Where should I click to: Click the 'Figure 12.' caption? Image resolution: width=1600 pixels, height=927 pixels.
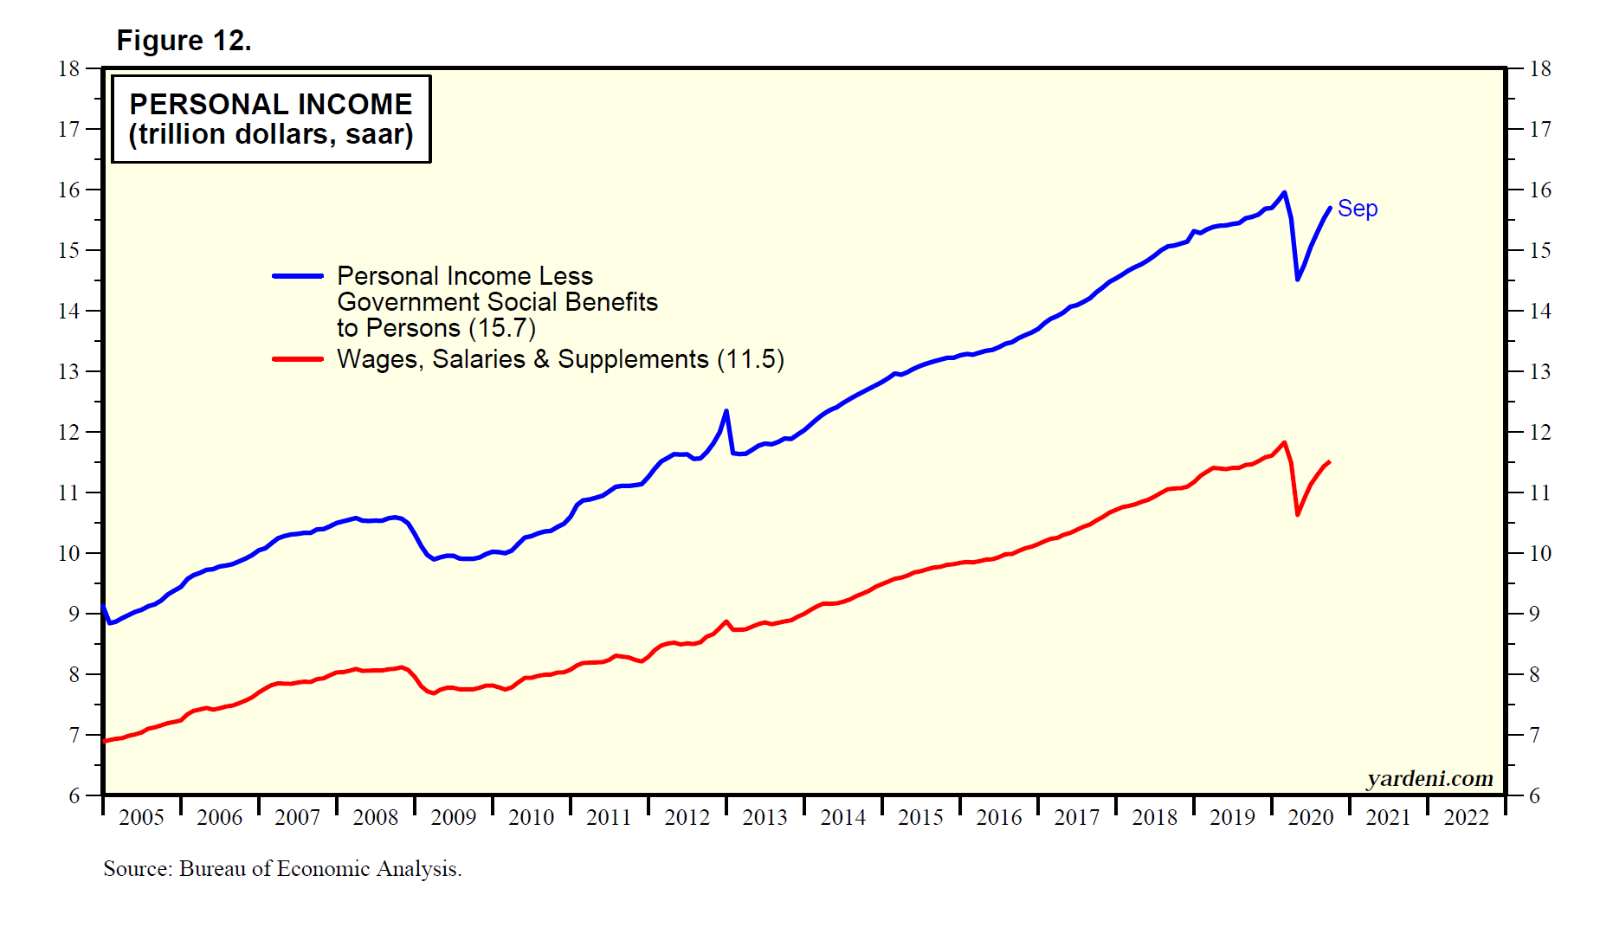click(x=184, y=41)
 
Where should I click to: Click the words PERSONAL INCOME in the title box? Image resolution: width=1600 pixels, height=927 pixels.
click(x=271, y=105)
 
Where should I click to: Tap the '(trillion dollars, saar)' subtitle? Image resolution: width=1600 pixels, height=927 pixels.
click(x=271, y=135)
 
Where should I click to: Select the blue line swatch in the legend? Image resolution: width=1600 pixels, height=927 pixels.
click(x=298, y=276)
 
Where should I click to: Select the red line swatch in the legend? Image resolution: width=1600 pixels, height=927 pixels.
click(x=298, y=359)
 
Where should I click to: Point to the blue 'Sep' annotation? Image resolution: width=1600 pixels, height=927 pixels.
click(x=1357, y=209)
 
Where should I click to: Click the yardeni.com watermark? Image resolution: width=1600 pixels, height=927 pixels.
click(x=1429, y=779)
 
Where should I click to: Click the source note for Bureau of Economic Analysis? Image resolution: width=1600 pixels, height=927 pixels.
click(x=282, y=869)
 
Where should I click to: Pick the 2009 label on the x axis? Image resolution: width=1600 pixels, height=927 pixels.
click(x=453, y=818)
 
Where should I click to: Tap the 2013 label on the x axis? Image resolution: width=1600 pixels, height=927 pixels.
click(x=765, y=818)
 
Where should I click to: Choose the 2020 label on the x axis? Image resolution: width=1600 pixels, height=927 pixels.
click(x=1310, y=818)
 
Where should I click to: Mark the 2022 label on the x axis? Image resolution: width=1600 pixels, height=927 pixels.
click(x=1466, y=818)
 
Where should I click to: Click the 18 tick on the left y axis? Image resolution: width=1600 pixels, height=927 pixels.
click(x=69, y=69)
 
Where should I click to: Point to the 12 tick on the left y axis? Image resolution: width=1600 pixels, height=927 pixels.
click(x=69, y=433)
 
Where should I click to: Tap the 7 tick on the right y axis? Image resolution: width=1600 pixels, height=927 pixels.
click(x=1534, y=736)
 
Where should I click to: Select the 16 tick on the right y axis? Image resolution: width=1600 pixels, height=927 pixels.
click(x=1539, y=190)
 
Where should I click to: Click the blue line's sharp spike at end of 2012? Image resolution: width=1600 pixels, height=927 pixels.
click(x=726, y=411)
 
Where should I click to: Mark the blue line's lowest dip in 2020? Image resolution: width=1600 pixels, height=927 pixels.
click(x=1297, y=279)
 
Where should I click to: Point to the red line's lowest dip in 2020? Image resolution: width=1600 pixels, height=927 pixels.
click(x=1297, y=515)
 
